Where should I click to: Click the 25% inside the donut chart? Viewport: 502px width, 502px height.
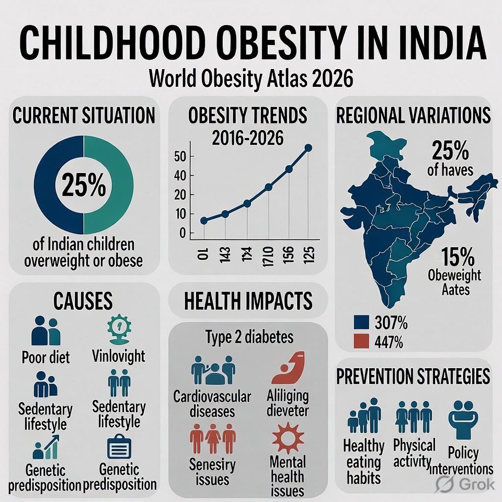pos(84,186)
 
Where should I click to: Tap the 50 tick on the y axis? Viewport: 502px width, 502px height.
pos(181,156)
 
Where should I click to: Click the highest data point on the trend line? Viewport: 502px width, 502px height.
pos(308,148)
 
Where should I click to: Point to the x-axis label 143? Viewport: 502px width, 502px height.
pos(225,254)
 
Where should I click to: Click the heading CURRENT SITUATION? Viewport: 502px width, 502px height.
pos(84,115)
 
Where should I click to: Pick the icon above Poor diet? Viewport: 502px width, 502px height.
pos(46,331)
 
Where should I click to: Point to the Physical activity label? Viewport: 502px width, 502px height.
pos(414,453)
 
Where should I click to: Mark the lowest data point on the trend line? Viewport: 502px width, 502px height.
pos(203,221)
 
